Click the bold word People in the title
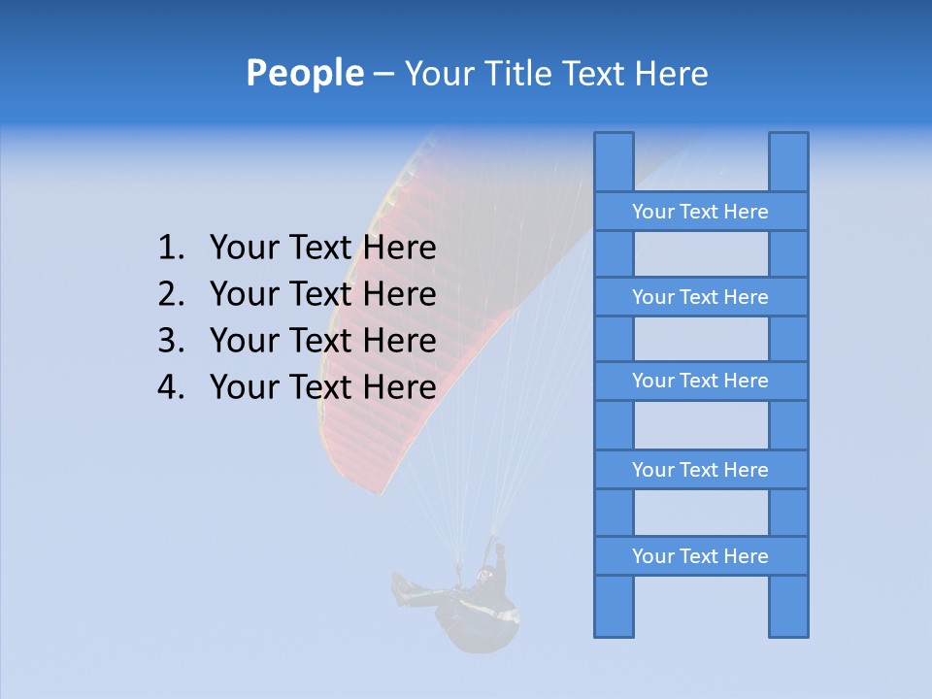(304, 73)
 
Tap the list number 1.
(169, 249)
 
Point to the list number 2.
(169, 294)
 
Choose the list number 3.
(169, 341)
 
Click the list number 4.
(169, 387)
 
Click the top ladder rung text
(700, 212)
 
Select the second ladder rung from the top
(700, 297)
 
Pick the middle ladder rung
(700, 382)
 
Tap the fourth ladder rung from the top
(700, 470)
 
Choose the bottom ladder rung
(700, 556)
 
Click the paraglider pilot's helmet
(483, 576)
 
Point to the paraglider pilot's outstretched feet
(399, 587)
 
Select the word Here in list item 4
(399, 387)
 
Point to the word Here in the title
(671, 73)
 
